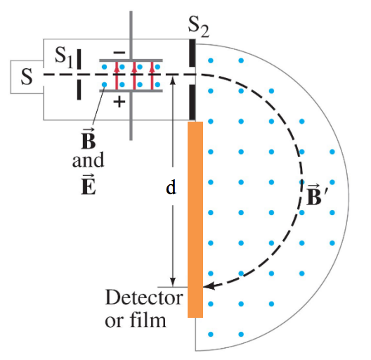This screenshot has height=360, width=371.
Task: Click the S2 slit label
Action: pyautogui.click(x=199, y=27)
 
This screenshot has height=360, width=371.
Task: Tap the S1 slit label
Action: pyautogui.click(x=64, y=57)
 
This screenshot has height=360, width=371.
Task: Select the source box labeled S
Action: pyautogui.click(x=27, y=77)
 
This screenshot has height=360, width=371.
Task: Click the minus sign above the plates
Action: pyautogui.click(x=119, y=52)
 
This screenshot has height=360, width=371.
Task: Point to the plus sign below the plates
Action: pyautogui.click(x=119, y=102)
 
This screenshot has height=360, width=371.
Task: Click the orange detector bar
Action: pyautogui.click(x=195, y=219)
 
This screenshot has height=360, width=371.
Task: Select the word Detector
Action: pyautogui.click(x=144, y=297)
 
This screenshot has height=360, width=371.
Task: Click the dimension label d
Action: pyautogui.click(x=171, y=187)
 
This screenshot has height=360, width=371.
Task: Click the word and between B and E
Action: pyautogui.click(x=88, y=160)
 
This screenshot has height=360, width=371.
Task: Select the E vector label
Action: pyautogui.click(x=89, y=184)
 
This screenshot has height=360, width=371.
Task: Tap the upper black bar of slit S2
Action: pyautogui.click(x=193, y=53)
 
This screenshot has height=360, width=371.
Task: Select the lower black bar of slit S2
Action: pyautogui.click(x=193, y=103)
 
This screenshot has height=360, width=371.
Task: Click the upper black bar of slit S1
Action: pyautogui.click(x=79, y=59)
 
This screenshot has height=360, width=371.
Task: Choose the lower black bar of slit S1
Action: pyautogui.click(x=79, y=89)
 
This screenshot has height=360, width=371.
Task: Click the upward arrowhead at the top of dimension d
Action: pyautogui.click(x=173, y=80)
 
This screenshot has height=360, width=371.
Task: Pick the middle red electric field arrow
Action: pyautogui.click(x=134, y=76)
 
